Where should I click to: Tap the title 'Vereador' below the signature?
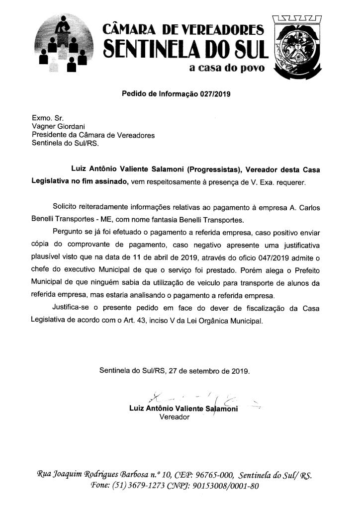[174, 417]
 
